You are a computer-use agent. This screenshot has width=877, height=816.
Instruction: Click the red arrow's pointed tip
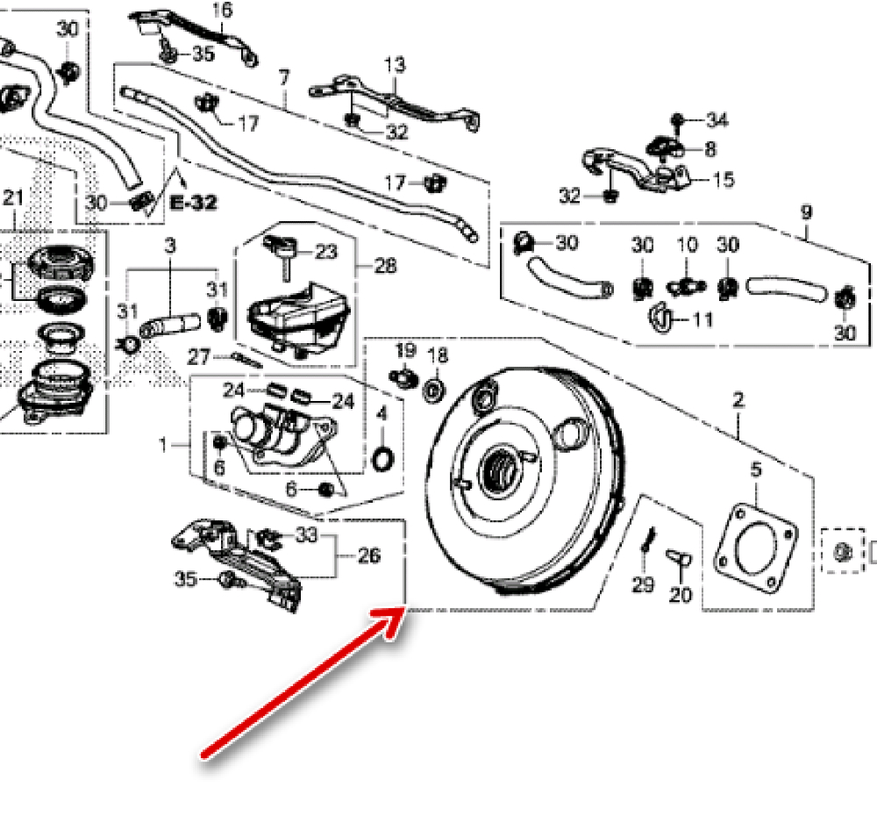403,612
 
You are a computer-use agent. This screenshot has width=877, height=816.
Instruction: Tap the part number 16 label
223,11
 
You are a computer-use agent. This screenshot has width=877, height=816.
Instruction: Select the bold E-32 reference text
194,203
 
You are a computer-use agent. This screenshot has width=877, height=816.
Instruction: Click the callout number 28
385,264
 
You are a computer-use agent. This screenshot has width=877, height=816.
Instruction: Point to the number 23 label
325,252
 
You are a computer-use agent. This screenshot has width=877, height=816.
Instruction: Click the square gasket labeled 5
756,548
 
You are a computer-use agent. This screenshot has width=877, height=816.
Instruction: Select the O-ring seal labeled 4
382,458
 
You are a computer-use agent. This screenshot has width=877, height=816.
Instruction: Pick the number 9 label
806,212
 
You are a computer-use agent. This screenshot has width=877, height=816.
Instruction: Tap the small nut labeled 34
678,119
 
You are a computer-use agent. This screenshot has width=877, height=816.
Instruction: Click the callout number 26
369,555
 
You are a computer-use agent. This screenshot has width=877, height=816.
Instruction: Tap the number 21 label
13,197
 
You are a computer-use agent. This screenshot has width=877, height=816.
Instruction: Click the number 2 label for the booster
738,402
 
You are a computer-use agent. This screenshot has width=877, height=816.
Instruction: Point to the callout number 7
283,79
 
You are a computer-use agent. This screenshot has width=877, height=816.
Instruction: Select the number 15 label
724,180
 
